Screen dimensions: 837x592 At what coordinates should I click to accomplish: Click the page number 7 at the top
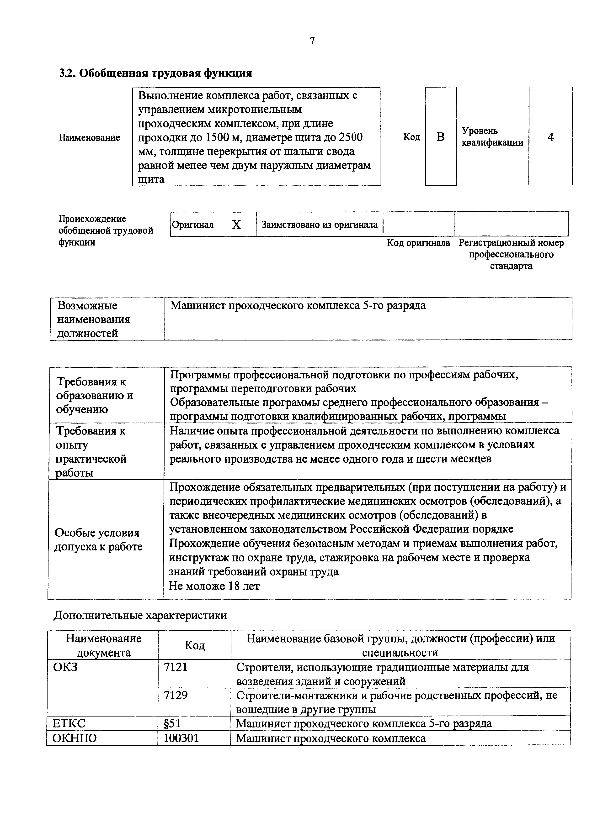click(x=312, y=41)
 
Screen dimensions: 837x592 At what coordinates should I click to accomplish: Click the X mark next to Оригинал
click(x=236, y=225)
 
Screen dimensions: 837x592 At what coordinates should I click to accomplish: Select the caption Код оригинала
click(x=418, y=243)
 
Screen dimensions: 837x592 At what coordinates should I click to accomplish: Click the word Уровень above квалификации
click(x=480, y=131)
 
